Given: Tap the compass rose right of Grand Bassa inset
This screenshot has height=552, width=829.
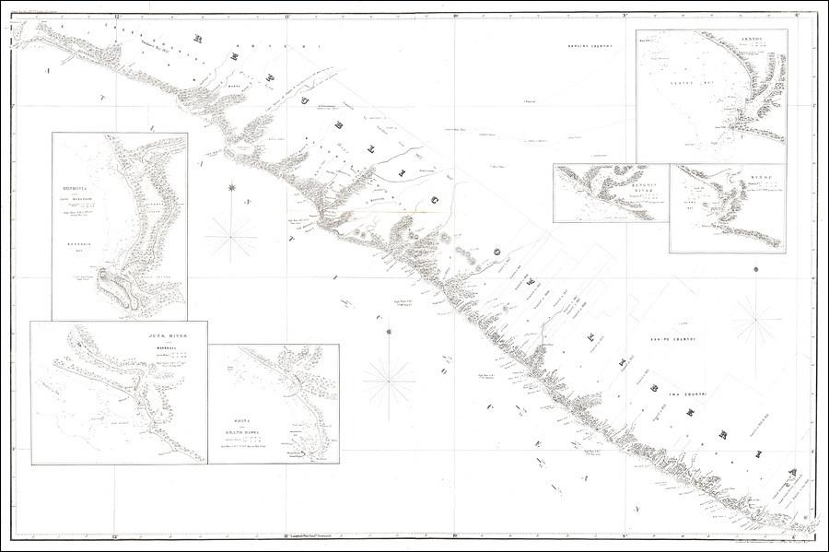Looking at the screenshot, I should click(x=388, y=379).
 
